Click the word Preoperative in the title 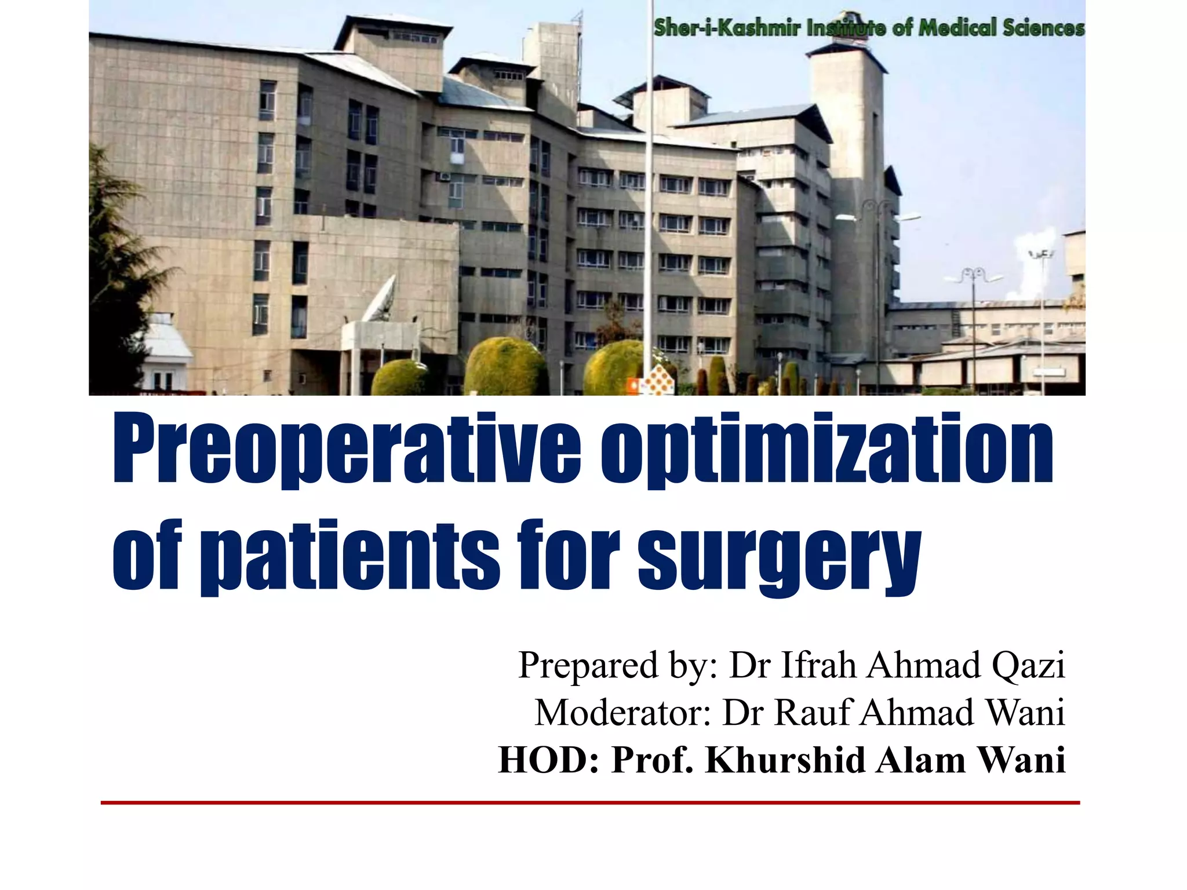click(347, 449)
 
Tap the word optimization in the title click(826, 449)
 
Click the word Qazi click(1028, 665)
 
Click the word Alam click(920, 760)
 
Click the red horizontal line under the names click(590, 803)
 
